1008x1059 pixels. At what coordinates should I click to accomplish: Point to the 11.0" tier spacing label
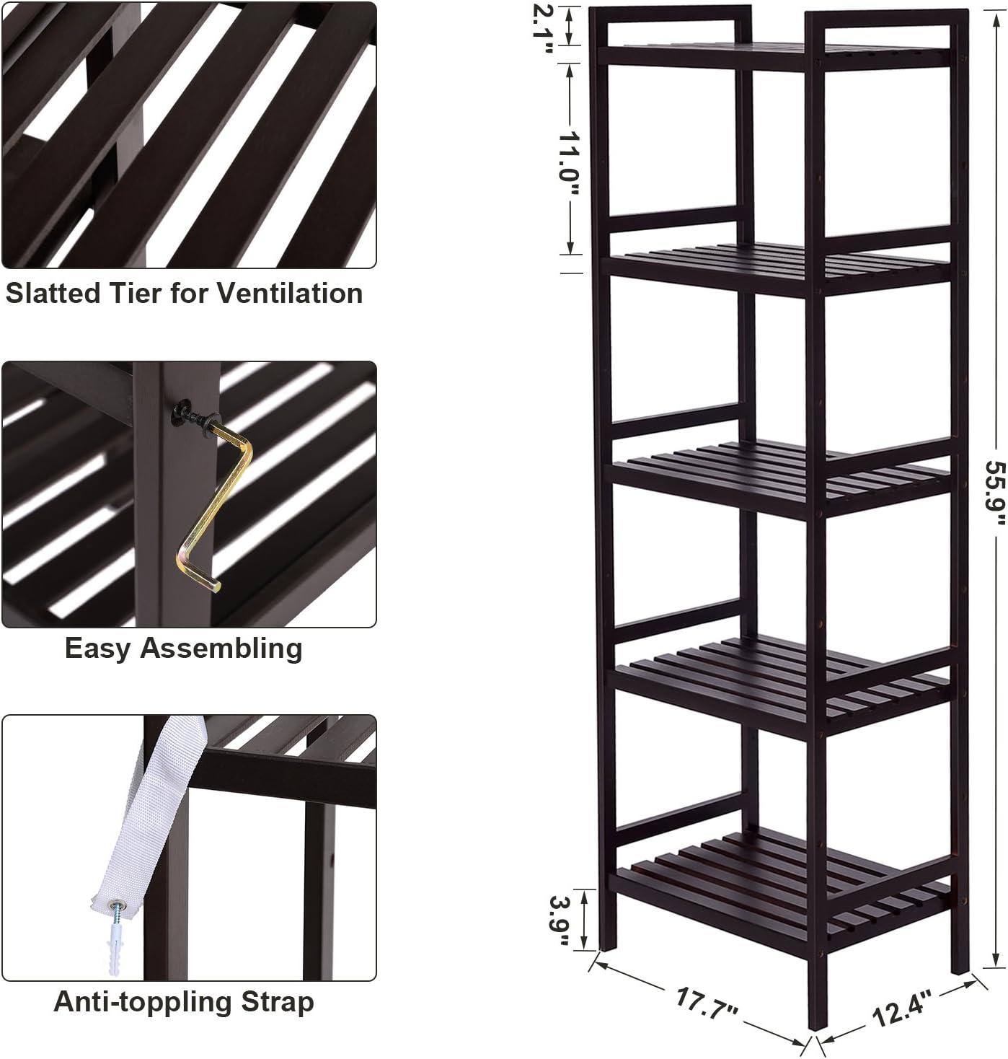click(569, 164)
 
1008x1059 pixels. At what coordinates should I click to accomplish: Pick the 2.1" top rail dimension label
click(543, 28)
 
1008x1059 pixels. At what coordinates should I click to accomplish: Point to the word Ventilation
click(290, 294)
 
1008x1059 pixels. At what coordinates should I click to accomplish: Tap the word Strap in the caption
click(278, 1003)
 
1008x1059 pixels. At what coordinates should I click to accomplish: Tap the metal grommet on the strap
click(115, 905)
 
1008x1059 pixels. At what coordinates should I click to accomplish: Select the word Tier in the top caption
click(136, 294)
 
